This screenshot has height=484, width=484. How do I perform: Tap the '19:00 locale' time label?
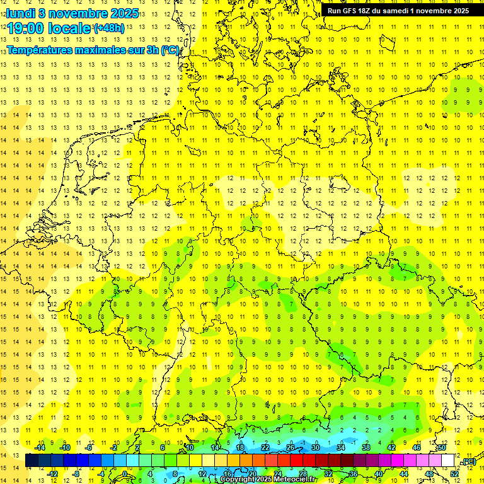click(x=49, y=28)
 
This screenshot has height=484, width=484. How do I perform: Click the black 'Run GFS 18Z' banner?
click(x=398, y=11)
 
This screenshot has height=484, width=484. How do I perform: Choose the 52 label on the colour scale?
click(x=454, y=474)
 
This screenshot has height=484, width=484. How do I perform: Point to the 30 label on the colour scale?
click(x=316, y=447)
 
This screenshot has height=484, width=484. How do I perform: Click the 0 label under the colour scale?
click(x=125, y=474)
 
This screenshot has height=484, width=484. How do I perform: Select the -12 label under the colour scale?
click(x=53, y=474)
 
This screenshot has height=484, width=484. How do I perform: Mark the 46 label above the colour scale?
click(x=416, y=447)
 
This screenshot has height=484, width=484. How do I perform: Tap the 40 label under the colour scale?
click(x=378, y=474)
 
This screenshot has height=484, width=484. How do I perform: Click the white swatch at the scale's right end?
click(x=448, y=461)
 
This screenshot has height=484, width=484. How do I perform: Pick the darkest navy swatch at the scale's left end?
click(x=32, y=461)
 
